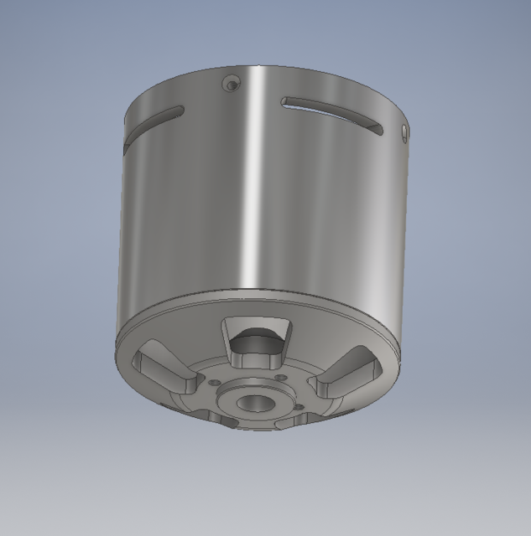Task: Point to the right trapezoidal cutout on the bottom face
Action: (346, 376)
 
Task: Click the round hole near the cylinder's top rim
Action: (231, 82)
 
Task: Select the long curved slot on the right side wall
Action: (334, 114)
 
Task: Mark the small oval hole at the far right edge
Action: (405, 133)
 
